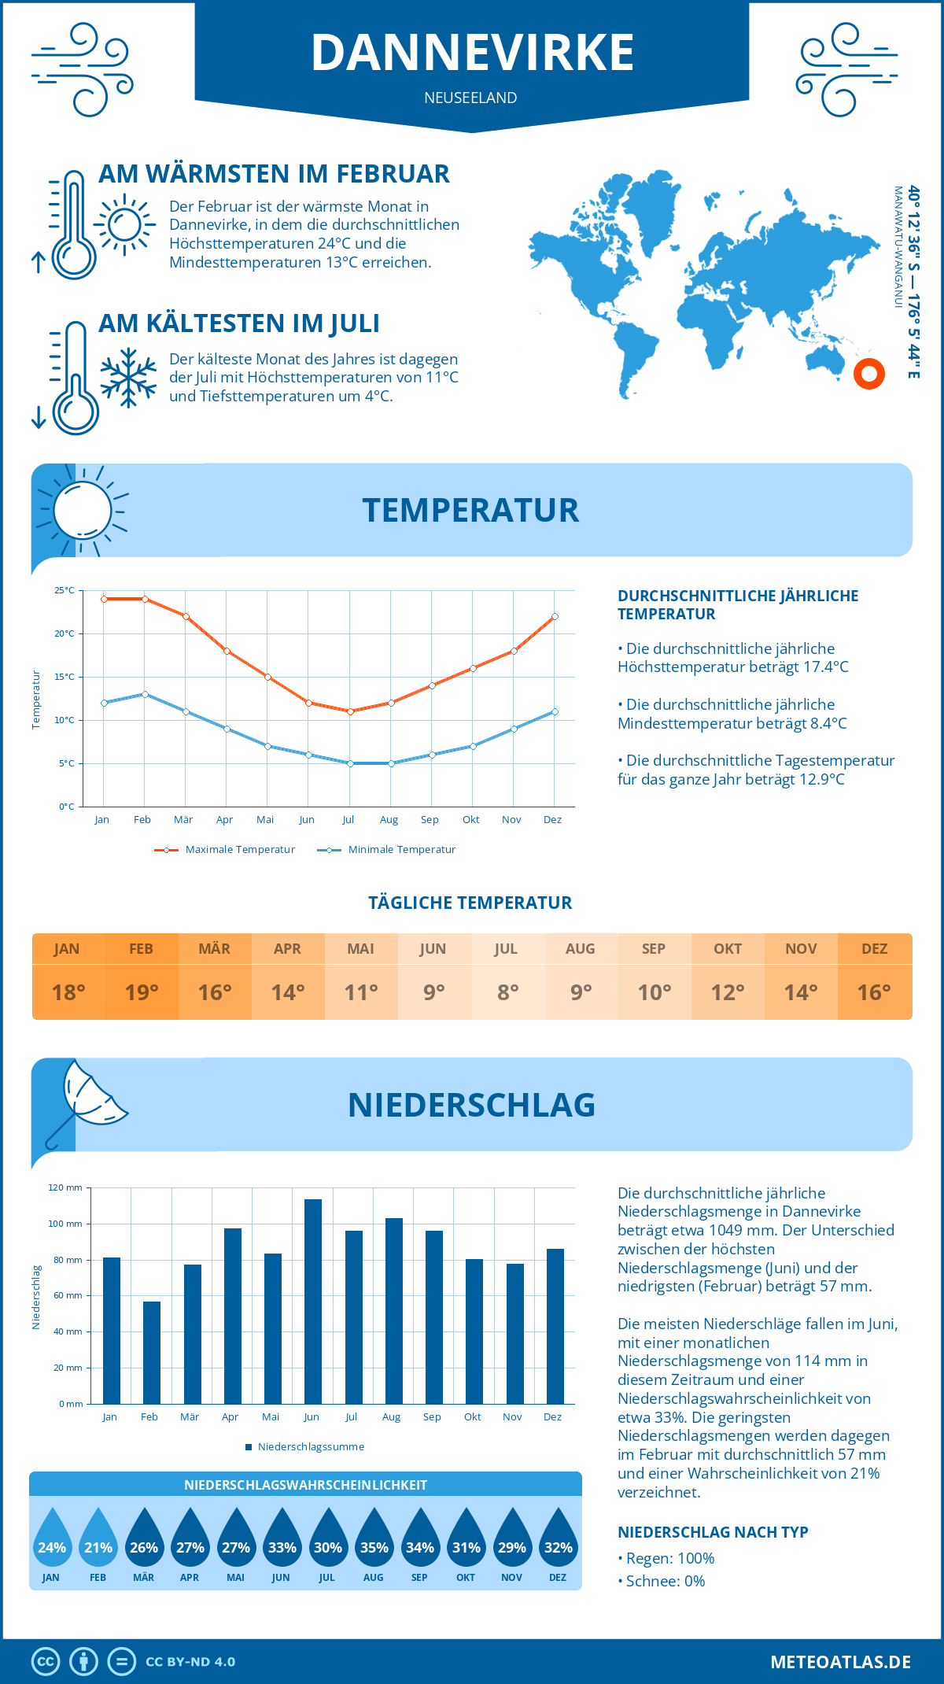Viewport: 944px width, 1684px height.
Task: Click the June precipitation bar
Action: (313, 1302)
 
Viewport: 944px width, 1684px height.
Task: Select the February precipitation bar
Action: (152, 1353)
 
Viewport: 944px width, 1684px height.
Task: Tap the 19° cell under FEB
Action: (142, 992)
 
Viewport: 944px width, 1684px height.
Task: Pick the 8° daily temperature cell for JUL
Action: (507, 992)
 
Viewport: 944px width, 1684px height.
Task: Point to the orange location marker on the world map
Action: (869, 374)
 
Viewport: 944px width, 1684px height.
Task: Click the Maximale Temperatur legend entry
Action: (226, 850)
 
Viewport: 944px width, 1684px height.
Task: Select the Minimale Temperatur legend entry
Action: (387, 850)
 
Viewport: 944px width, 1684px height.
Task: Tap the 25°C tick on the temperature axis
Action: (65, 590)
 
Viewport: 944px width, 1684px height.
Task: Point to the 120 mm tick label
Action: (65, 1187)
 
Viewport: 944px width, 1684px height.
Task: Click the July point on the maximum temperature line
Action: (350, 711)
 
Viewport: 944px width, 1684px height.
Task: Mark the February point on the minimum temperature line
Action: (145, 694)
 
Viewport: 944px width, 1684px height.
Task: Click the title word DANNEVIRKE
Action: (472, 53)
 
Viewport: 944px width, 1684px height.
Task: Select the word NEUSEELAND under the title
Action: (470, 98)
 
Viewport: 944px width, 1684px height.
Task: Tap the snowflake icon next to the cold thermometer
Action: (128, 377)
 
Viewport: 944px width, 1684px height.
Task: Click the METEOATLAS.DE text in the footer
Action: (840, 1662)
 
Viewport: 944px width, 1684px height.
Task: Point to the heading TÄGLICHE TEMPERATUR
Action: (470, 903)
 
